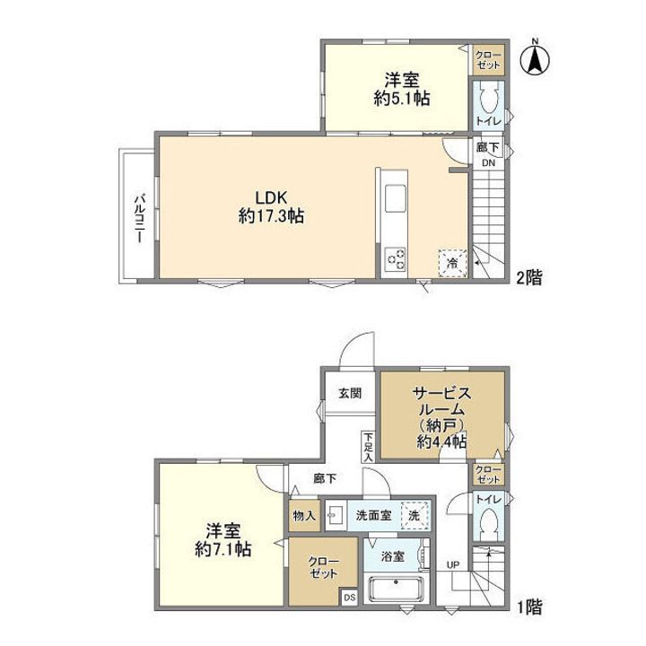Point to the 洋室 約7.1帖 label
point(223,538)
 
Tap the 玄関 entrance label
point(349,393)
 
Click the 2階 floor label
point(528,277)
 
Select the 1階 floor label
point(528,607)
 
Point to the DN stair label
point(489,163)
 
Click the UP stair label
point(453,564)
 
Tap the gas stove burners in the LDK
point(397,259)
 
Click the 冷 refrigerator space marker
point(452,262)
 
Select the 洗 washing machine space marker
point(414,516)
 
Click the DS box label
point(349,596)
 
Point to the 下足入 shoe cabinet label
point(368,446)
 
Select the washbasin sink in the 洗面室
point(337,515)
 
